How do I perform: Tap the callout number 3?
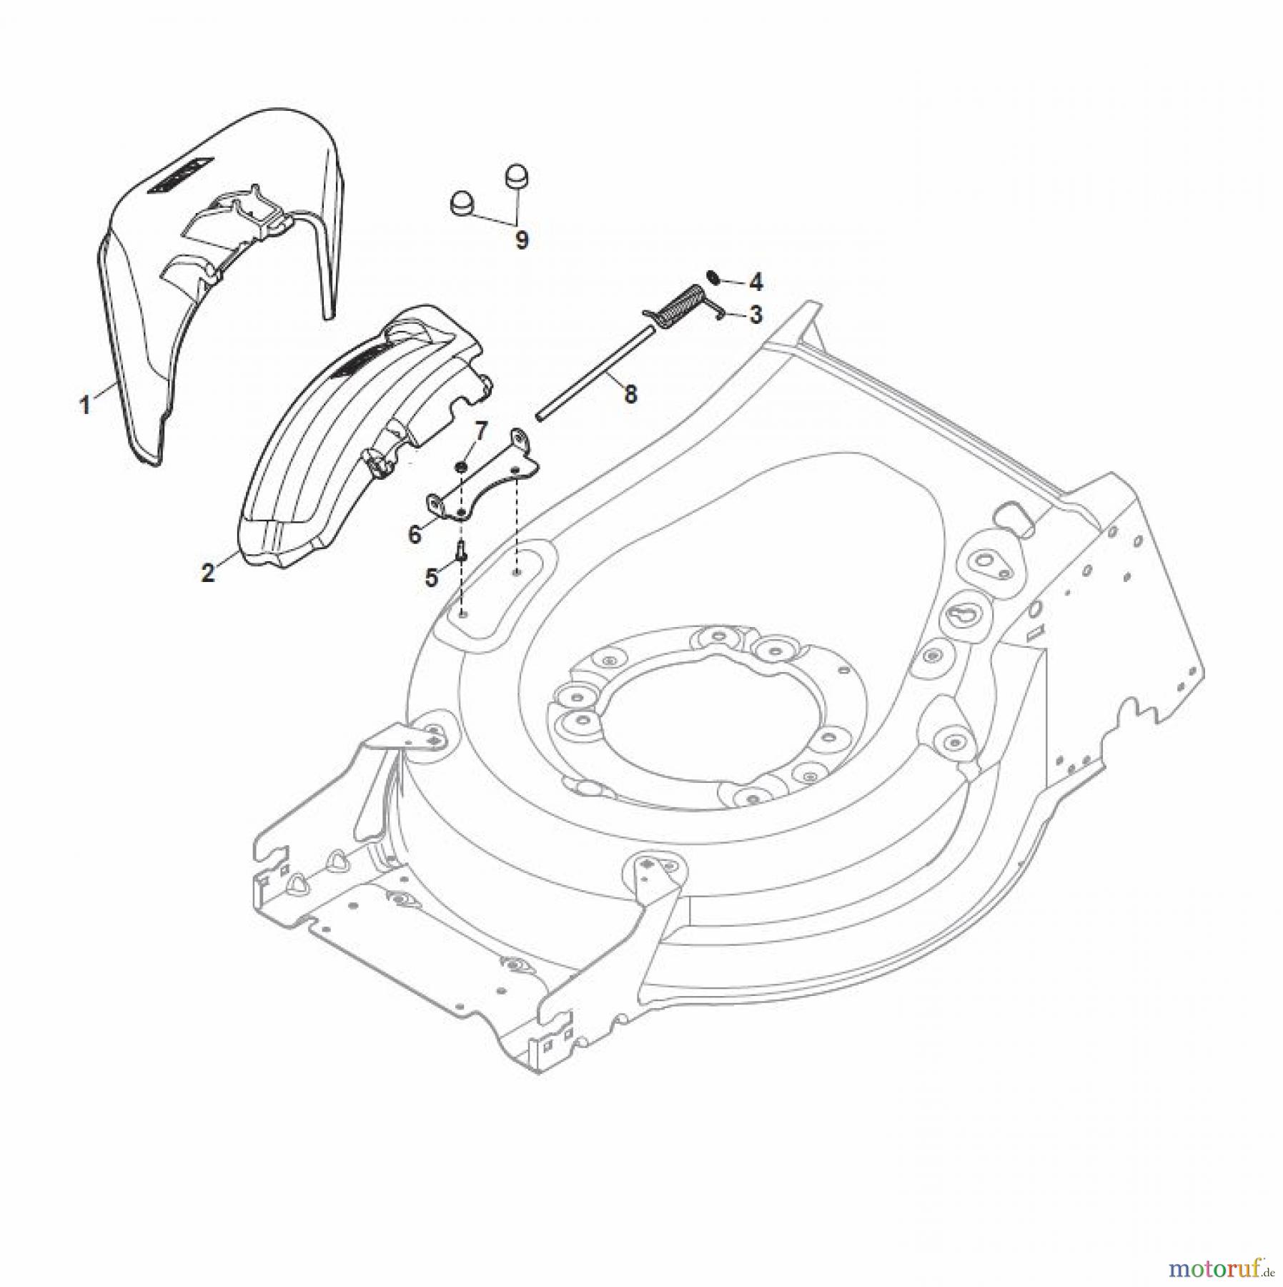[x=756, y=315]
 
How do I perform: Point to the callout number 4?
[x=756, y=282]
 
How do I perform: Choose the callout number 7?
[x=481, y=430]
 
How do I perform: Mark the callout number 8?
[x=630, y=394]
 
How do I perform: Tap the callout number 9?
[x=522, y=240]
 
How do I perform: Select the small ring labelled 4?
[x=712, y=276]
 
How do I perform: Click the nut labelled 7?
[x=462, y=467]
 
